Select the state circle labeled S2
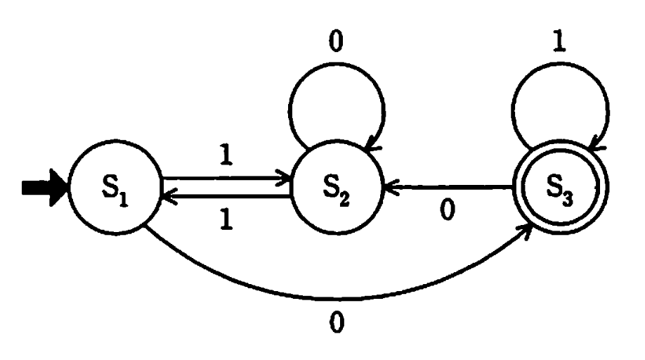point(337,189)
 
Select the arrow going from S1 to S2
point(225,179)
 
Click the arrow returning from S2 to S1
point(225,198)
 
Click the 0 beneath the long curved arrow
point(337,325)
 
